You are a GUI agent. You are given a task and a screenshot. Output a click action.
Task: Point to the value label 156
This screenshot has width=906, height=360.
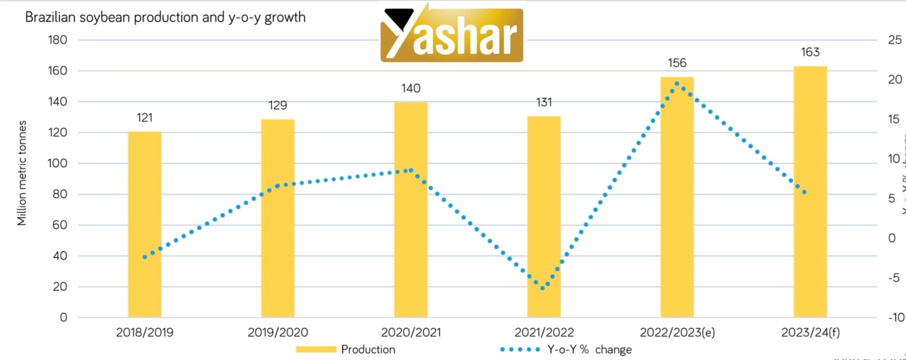coord(677,63)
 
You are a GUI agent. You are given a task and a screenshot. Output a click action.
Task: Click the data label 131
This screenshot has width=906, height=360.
coord(544,103)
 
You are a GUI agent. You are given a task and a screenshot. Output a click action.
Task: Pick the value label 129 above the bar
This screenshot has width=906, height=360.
coord(278,105)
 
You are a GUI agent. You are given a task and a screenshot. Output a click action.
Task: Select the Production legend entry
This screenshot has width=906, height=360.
coord(346,349)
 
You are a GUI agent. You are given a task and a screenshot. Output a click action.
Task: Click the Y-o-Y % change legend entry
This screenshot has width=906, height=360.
coord(566,349)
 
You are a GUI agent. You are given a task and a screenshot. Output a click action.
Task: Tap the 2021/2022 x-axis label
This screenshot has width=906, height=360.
coord(544,332)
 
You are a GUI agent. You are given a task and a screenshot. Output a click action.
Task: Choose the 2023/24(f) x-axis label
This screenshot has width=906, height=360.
coord(810,332)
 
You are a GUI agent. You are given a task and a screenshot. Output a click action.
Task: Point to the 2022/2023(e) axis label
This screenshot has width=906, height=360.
coord(677,332)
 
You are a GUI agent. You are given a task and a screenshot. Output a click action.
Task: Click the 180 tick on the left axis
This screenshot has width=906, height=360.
coord(58,40)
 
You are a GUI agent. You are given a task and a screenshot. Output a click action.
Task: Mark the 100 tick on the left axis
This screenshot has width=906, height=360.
coord(58,163)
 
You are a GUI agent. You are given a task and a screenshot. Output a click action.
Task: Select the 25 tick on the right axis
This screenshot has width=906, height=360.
coord(894,40)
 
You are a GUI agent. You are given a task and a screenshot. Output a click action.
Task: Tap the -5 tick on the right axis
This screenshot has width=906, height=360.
coord(894,278)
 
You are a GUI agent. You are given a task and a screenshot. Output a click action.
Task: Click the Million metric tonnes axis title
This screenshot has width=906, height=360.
coord(22,173)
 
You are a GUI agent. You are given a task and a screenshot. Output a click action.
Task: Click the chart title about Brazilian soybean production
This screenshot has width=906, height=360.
coord(165,17)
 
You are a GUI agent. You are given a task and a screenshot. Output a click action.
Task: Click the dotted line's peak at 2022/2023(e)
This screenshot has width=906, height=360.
coord(677,84)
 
